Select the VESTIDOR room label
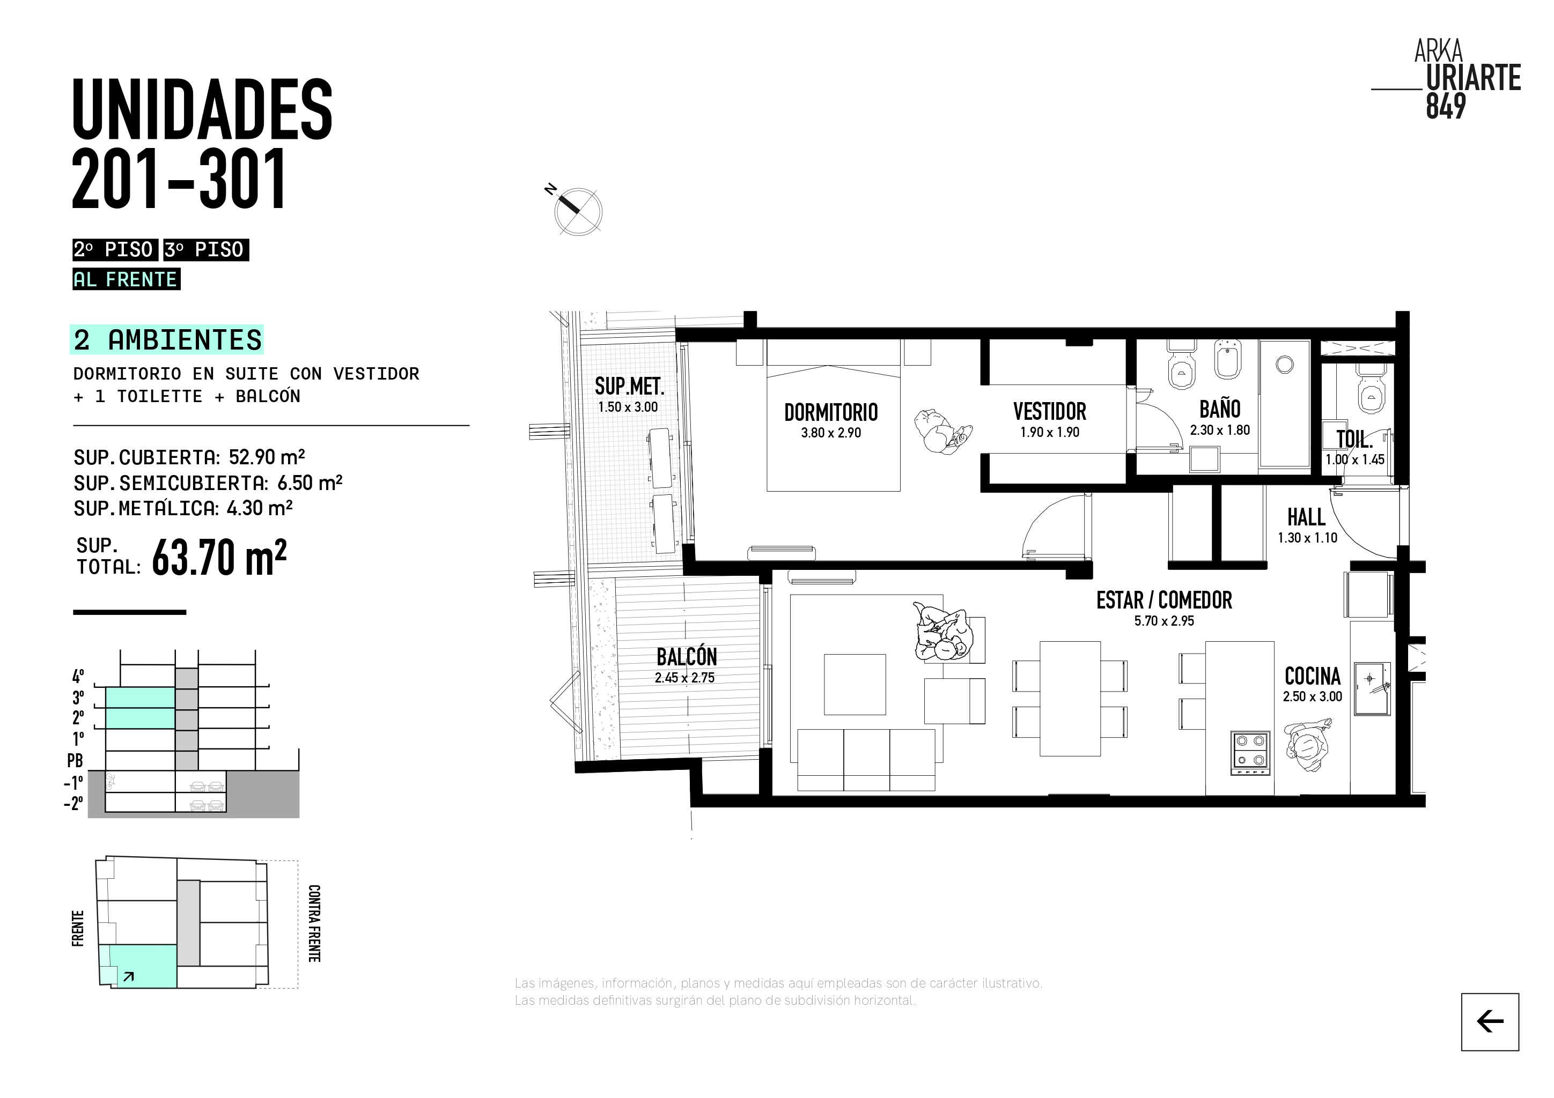1050,411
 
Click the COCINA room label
1313,676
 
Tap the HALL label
1306,517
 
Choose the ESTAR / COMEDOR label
1164,600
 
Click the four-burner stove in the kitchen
1250,752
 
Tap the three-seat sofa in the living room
866,760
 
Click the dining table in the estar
1070,698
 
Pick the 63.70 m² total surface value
219,557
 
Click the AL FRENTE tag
126,279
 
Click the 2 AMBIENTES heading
166,339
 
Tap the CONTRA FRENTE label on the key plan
314,923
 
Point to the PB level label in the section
75,760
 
